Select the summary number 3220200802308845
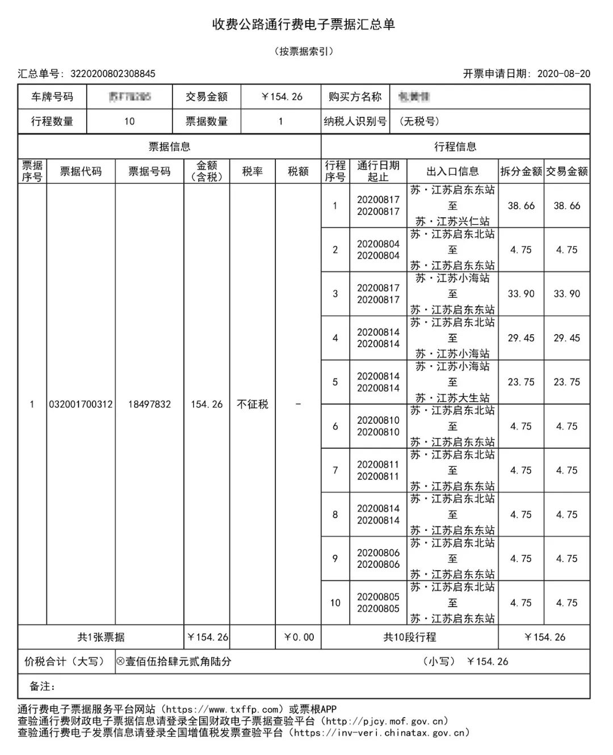[112, 74]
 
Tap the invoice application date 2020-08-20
[563, 74]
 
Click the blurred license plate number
[129, 97]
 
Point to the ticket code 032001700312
[81, 404]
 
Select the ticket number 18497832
[149, 404]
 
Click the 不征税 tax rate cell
[252, 404]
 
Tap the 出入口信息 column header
[452, 171]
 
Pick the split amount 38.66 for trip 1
[521, 206]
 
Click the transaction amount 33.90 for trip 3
[567, 294]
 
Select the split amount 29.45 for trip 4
[521, 338]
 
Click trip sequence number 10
[335, 602]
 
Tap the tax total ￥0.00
[299, 637]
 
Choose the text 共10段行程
[409, 637]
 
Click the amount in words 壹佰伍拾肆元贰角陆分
[178, 661]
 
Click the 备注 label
[42, 686]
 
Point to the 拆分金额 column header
[521, 171]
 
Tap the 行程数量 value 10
[129, 121]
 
